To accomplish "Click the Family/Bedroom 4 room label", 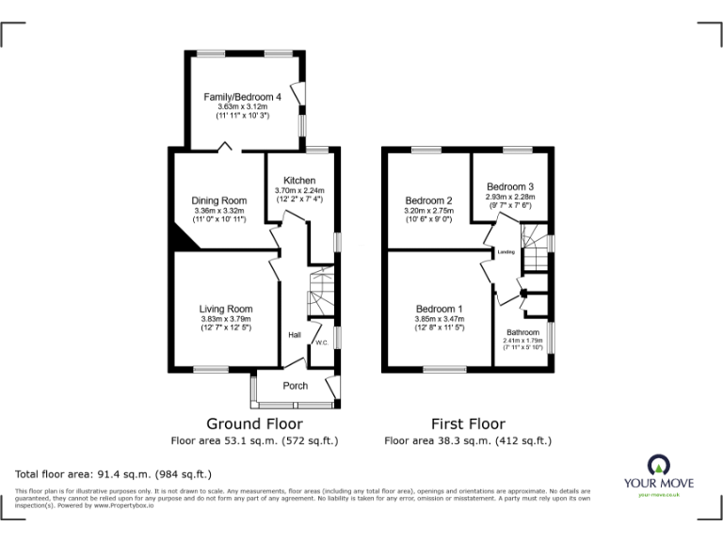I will (243, 97).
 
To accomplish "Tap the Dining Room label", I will (219, 199).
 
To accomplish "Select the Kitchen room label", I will (299, 181).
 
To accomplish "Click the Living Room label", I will (226, 309).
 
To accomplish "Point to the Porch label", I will (296, 386).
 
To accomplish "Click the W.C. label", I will (322, 343).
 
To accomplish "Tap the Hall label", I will (294, 335).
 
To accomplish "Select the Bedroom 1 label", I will (440, 309).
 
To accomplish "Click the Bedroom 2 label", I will (429, 200).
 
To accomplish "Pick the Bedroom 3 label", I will (510, 186).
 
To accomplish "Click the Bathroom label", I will (522, 333).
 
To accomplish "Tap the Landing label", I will (506, 252).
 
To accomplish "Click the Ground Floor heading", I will (254, 424).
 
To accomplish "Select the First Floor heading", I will (468, 424).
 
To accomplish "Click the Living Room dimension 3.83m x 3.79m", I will (226, 318).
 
